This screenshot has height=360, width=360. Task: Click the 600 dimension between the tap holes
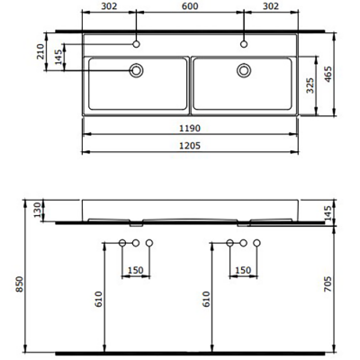point(190,8)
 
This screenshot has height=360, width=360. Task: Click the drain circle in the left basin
point(137,69)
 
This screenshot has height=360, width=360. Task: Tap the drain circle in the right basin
point(243,69)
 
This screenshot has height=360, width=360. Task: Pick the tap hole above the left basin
point(137,43)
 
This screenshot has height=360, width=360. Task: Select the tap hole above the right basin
point(243,43)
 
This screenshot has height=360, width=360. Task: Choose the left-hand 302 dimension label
point(109,8)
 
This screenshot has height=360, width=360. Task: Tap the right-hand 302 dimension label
point(271,8)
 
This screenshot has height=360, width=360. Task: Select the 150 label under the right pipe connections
point(243,270)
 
